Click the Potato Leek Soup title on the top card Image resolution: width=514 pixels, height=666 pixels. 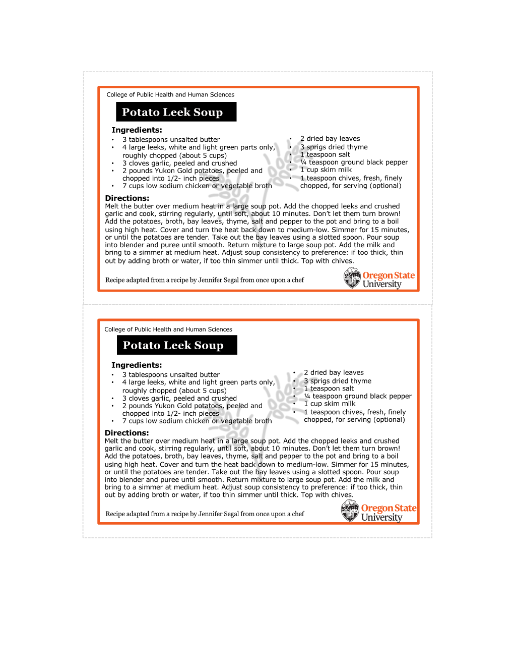pos(172,112)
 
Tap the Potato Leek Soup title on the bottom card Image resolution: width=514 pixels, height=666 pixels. pos(173,345)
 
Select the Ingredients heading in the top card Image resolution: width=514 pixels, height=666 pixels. pos(137,130)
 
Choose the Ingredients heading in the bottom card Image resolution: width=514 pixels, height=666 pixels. pos(137,365)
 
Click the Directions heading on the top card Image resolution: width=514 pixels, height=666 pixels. pos(127,198)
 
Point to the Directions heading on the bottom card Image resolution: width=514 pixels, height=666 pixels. pos(126,433)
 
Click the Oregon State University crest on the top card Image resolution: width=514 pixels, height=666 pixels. pos(352,278)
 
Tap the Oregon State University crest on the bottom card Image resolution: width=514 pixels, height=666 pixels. pos(350,511)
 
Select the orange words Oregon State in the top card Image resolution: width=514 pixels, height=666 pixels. pos(389,275)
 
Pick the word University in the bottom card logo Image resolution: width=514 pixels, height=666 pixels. pos(381,518)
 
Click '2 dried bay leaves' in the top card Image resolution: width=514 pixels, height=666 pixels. pos(330,139)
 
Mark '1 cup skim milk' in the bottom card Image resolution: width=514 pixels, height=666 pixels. pos(330,404)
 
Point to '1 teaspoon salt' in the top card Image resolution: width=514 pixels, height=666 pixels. pos(325,155)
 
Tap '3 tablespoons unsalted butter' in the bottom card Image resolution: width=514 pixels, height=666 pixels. pos(171,375)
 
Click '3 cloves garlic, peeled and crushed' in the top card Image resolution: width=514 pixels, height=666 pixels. pos(179,163)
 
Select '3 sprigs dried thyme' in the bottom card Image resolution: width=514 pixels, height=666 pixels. pos(338,381)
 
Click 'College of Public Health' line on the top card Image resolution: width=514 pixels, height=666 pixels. pos(170,95)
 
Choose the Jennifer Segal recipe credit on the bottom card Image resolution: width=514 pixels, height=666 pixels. pos(205,514)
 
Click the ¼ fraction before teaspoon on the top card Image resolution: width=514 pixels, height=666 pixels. pos(303,162)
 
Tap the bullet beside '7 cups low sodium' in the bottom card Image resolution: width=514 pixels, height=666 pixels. pos(112,421)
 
